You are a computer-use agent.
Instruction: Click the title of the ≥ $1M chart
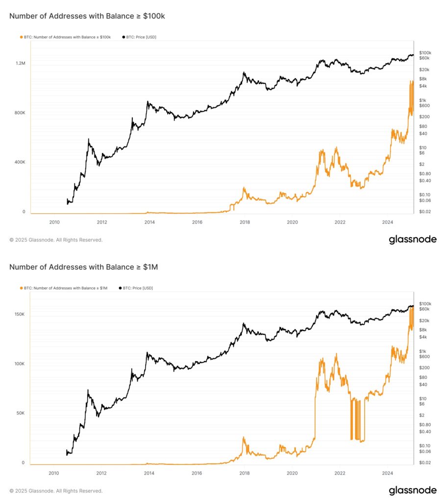point(83,267)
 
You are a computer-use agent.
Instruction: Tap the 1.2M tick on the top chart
point(20,63)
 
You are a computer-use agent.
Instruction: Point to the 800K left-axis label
point(20,113)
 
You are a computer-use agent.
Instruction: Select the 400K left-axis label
point(20,162)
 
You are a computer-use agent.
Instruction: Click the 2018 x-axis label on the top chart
point(245,222)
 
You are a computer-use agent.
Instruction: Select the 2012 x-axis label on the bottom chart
point(101,473)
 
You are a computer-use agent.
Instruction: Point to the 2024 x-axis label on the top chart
point(387,222)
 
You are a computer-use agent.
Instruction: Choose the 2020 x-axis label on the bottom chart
point(292,473)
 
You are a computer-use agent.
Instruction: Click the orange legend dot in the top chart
point(21,37)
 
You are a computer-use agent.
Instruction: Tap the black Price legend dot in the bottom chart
point(120,288)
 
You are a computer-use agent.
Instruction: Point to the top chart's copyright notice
point(56,240)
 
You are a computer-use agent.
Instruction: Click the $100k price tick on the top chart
point(425,52)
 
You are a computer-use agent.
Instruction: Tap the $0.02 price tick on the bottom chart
point(424,463)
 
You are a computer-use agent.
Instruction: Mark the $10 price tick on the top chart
point(422,148)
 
